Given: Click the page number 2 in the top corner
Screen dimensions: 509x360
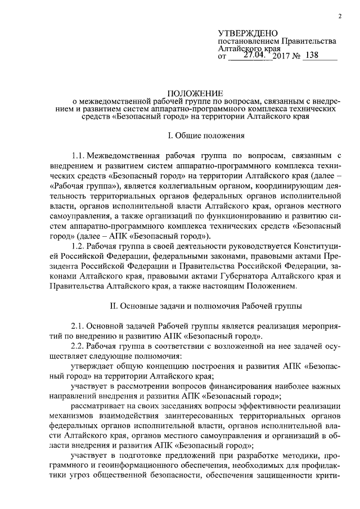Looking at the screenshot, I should (x=340, y=16).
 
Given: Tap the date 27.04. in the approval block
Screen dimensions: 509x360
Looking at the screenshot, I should (x=256, y=55).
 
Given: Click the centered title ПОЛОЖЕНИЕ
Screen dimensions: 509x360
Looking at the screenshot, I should (x=196, y=93).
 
